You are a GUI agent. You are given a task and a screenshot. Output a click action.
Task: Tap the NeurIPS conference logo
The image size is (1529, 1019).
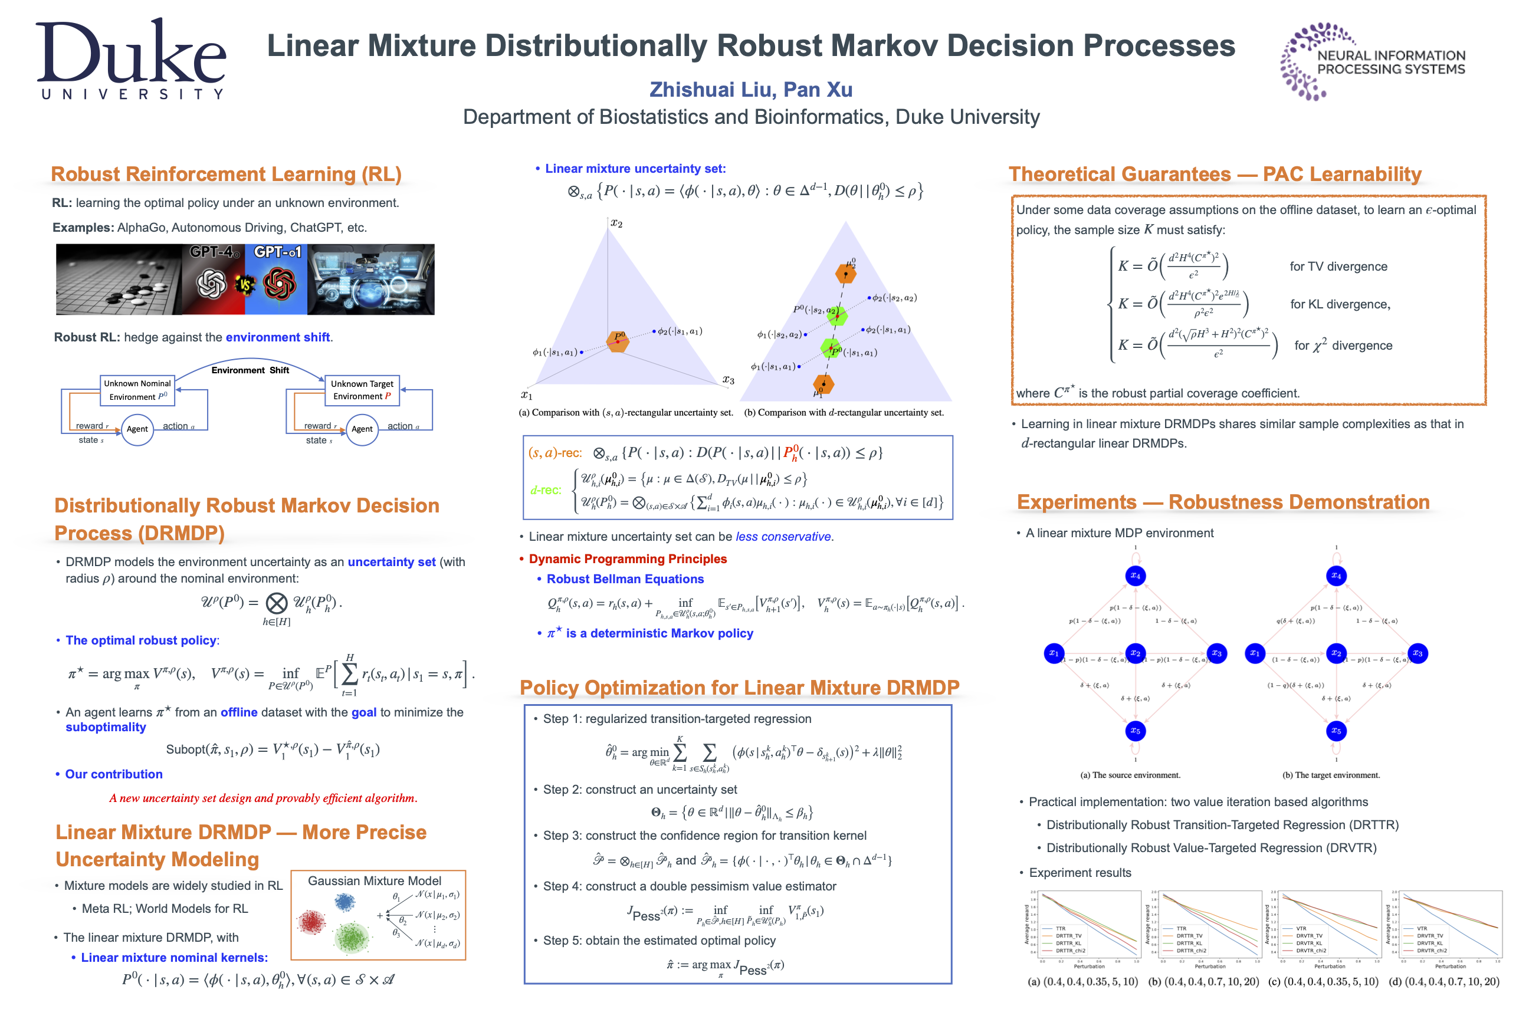[1371, 62]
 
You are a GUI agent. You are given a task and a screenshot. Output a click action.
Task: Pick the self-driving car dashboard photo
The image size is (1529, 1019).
[370, 280]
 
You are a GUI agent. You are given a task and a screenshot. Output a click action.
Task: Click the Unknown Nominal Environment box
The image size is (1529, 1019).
[137, 390]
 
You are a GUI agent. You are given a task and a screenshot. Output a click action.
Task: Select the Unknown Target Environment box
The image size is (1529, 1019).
[362, 390]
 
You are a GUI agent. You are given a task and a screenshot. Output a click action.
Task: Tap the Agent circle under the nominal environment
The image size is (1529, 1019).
[137, 429]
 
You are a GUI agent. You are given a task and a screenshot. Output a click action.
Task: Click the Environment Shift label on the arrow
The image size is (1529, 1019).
[250, 370]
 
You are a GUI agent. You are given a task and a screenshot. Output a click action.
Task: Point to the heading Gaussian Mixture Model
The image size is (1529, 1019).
[375, 880]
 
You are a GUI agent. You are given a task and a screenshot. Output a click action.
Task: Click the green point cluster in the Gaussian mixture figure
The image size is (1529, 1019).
[351, 937]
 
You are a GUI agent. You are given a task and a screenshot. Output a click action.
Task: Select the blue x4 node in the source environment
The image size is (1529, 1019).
[1135, 576]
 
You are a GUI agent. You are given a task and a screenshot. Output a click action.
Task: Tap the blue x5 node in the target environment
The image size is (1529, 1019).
[1336, 731]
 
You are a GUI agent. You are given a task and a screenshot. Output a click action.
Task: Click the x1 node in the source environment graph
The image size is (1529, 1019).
[1053, 653]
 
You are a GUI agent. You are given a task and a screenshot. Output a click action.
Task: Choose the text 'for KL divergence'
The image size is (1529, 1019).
[1339, 304]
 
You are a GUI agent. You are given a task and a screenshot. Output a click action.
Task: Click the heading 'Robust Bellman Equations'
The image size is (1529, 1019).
[625, 579]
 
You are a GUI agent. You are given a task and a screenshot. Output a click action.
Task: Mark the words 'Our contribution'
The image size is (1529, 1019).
[114, 774]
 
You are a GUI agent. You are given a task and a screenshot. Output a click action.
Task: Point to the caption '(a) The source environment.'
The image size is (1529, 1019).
[1130, 775]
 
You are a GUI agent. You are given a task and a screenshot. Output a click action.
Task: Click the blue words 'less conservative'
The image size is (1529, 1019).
[783, 537]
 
